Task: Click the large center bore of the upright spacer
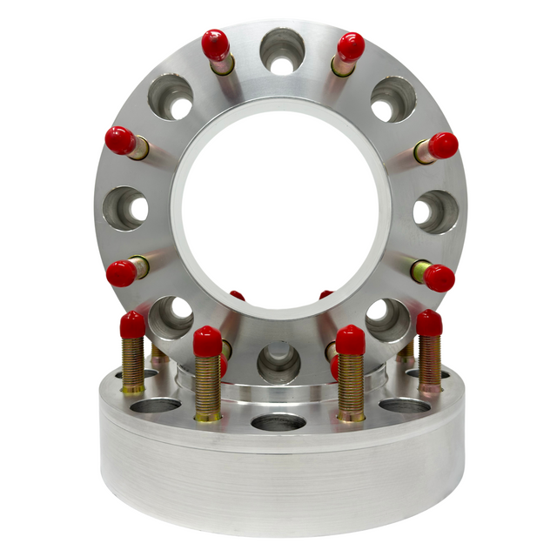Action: (x=279, y=209)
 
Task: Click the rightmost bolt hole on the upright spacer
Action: (x=434, y=211)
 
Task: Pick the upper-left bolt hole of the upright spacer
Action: (x=170, y=97)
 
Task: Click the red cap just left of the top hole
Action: (x=215, y=44)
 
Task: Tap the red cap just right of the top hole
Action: (x=351, y=46)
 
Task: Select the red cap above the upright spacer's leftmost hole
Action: (x=120, y=140)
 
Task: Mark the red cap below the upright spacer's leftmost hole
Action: (x=121, y=273)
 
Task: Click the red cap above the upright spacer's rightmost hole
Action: (x=443, y=145)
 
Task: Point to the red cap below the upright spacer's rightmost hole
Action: (x=440, y=278)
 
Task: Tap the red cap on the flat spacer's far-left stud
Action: (x=132, y=325)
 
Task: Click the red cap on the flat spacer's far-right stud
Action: (x=429, y=323)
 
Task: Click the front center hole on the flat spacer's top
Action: (x=278, y=423)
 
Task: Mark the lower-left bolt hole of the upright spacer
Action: (x=171, y=317)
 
